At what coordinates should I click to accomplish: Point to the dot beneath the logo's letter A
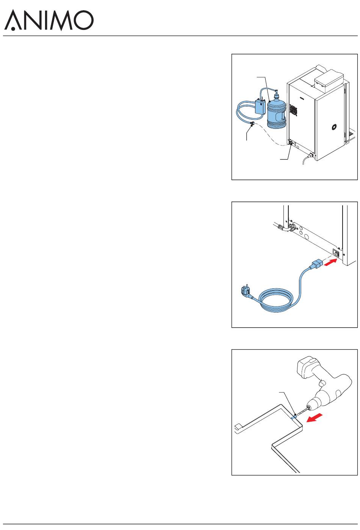13,29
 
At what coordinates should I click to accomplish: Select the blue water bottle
277,112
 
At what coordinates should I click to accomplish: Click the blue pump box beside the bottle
260,106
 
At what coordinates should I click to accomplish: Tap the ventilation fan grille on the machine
293,110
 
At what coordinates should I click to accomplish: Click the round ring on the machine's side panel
334,127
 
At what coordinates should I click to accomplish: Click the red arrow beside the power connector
330,263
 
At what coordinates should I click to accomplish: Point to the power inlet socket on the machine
336,253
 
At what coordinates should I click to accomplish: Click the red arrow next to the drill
314,417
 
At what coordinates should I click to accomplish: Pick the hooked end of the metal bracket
238,427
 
